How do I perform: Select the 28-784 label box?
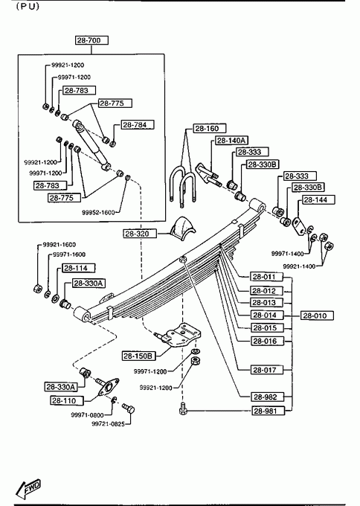[x=138, y=125]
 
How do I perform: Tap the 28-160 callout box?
[x=209, y=129]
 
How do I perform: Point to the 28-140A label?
[x=231, y=141]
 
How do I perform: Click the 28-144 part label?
[x=318, y=199]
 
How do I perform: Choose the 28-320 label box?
[x=140, y=234]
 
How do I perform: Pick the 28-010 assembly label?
[x=317, y=316]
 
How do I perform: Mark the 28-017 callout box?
[x=267, y=370]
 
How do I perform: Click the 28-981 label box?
[x=269, y=411]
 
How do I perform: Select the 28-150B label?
[x=138, y=356]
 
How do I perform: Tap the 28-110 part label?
[x=67, y=401]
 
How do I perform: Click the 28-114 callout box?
[x=79, y=268]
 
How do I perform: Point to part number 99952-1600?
[x=98, y=212]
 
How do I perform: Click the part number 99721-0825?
[x=108, y=424]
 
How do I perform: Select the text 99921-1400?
[x=299, y=266]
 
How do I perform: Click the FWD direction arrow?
[x=28, y=488]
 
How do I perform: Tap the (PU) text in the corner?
[x=28, y=7]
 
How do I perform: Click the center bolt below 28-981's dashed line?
[x=182, y=408]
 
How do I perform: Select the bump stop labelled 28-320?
[x=182, y=228]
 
